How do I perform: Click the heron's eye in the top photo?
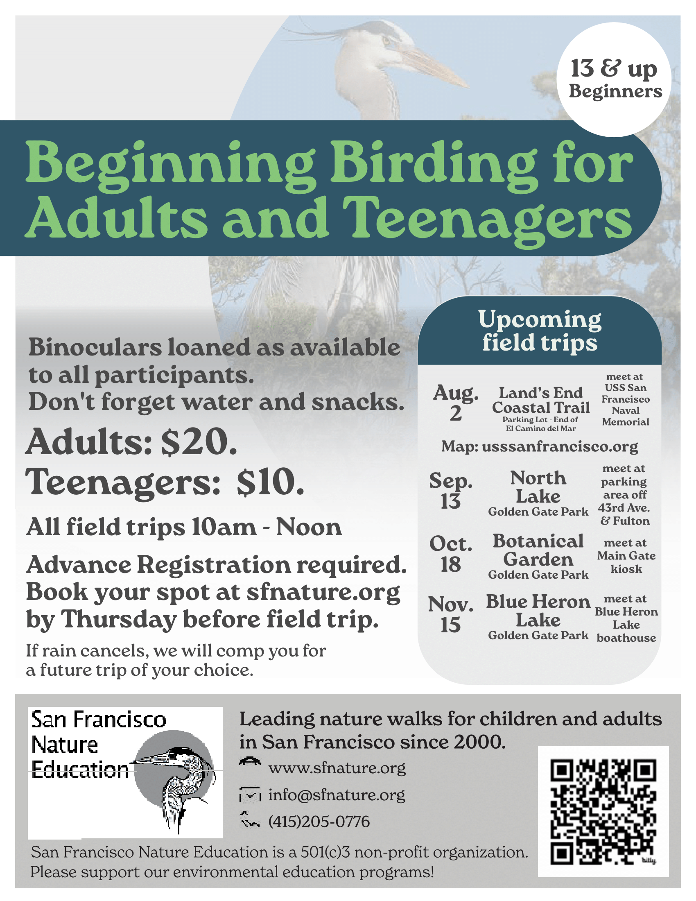(x=386, y=41)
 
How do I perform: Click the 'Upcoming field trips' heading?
(x=539, y=331)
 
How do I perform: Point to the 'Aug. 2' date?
(x=455, y=403)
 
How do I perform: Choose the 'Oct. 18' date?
(x=451, y=554)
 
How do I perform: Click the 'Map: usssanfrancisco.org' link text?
(x=539, y=446)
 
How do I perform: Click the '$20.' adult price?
(x=199, y=442)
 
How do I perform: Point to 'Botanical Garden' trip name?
(x=538, y=550)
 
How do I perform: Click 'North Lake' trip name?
(x=538, y=487)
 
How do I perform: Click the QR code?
(x=603, y=812)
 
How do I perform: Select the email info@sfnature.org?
(x=337, y=795)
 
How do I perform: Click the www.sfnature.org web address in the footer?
(x=337, y=768)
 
